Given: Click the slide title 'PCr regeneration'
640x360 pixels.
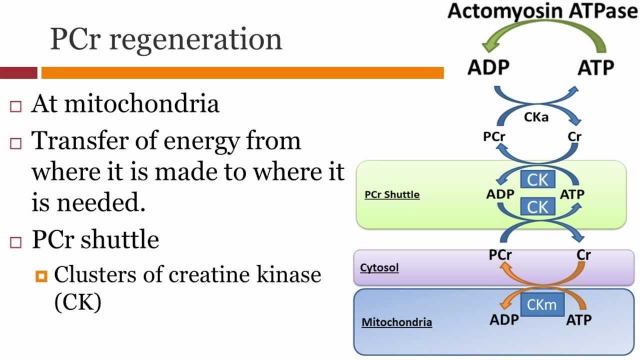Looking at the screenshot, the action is pyautogui.click(x=166, y=39).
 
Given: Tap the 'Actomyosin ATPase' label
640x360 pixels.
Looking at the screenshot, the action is pyautogui.click(x=543, y=11).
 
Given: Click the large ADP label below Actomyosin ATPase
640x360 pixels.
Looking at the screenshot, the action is pyautogui.click(x=488, y=67).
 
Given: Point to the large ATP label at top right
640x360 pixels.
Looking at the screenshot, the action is pyautogui.click(x=595, y=67).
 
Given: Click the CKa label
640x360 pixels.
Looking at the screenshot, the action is pyautogui.click(x=536, y=117).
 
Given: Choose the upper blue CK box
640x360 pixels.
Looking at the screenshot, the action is pyautogui.click(x=537, y=180).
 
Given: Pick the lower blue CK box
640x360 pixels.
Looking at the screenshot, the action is pyautogui.click(x=537, y=206).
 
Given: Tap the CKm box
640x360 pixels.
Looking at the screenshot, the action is pyautogui.click(x=542, y=304).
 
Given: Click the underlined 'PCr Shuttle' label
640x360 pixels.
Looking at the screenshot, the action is pyautogui.click(x=392, y=194).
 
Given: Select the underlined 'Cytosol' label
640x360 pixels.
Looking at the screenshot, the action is pyautogui.click(x=379, y=267).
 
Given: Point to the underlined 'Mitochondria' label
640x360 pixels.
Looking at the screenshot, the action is pyautogui.click(x=396, y=322).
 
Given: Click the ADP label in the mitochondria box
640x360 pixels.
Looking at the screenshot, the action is pyautogui.click(x=504, y=319).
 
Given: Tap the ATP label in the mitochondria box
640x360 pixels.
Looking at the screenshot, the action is pyautogui.click(x=578, y=319).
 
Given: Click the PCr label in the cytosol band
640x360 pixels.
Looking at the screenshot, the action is pyautogui.click(x=500, y=255).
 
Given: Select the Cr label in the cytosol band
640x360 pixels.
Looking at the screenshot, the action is pyautogui.click(x=583, y=255).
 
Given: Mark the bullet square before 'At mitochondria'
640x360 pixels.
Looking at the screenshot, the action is pyautogui.click(x=16, y=106).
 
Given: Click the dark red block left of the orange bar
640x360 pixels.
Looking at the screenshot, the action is pyautogui.click(x=18, y=73).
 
